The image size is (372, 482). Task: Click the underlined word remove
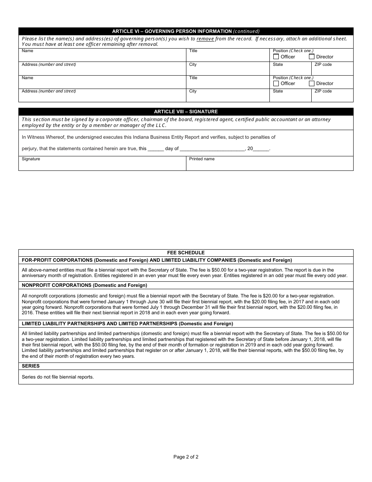(205, 39)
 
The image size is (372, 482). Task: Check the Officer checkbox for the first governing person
(276, 57)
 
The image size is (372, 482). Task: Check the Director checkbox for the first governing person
(312, 57)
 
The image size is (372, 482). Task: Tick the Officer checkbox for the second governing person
(276, 83)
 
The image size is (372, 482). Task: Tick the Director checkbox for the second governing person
(312, 83)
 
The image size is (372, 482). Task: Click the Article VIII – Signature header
(186, 112)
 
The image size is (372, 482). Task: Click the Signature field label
(31, 159)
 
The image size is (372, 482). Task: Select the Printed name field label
(202, 159)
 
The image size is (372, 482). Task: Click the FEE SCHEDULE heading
(186, 253)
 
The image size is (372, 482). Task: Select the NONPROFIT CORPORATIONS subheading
(84, 285)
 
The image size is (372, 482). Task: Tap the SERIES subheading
(31, 366)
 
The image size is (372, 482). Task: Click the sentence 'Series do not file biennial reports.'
(58, 377)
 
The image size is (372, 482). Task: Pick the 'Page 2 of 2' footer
(186, 457)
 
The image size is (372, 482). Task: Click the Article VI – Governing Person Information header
(186, 31)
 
